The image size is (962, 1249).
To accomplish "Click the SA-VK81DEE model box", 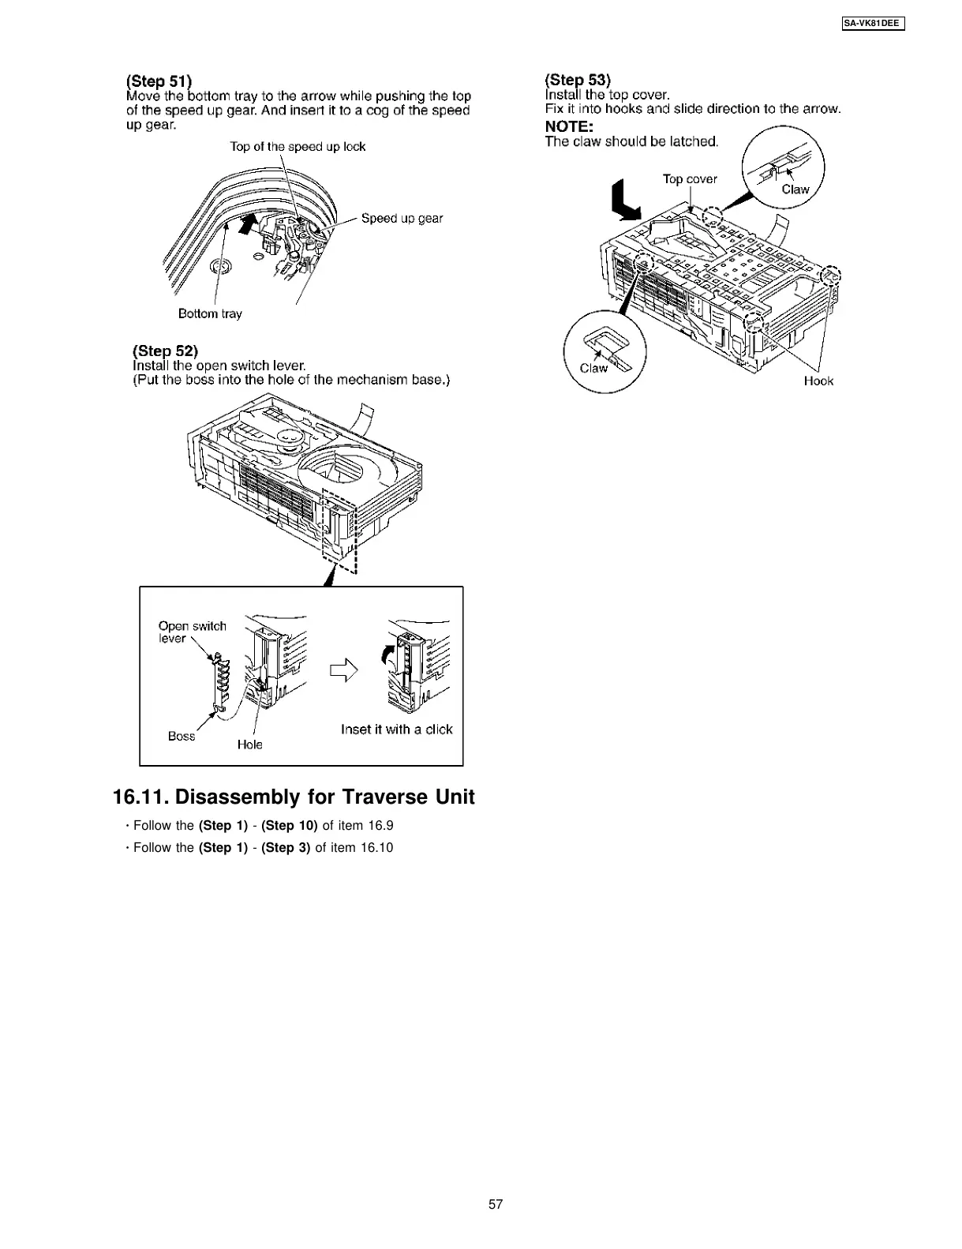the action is tap(870, 24).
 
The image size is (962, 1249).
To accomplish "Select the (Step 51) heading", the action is tap(159, 81).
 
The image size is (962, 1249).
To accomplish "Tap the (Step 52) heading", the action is tap(165, 351).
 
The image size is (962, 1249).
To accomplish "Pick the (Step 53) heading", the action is tap(578, 79).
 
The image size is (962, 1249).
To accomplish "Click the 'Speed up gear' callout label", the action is tap(402, 218).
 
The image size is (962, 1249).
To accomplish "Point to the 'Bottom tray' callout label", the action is tap(210, 313).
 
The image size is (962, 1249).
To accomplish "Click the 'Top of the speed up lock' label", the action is tap(298, 146).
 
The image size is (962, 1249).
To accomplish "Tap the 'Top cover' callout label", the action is tap(690, 179).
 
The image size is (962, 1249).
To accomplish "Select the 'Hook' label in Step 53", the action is tap(818, 381).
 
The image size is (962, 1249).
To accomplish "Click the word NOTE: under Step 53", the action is tap(569, 126).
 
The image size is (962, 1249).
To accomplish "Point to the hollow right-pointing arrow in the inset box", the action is tap(344, 670).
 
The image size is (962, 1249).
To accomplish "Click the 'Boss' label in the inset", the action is tap(182, 736).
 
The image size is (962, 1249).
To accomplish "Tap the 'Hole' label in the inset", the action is tap(250, 745).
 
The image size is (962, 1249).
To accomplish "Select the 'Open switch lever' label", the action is tap(192, 632).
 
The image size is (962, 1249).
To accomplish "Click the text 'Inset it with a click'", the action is tap(396, 730).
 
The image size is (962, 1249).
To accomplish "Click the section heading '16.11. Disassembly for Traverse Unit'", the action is tap(294, 797).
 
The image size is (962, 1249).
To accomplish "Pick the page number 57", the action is tap(496, 1204).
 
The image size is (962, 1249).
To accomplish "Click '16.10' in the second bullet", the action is tap(376, 848).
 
